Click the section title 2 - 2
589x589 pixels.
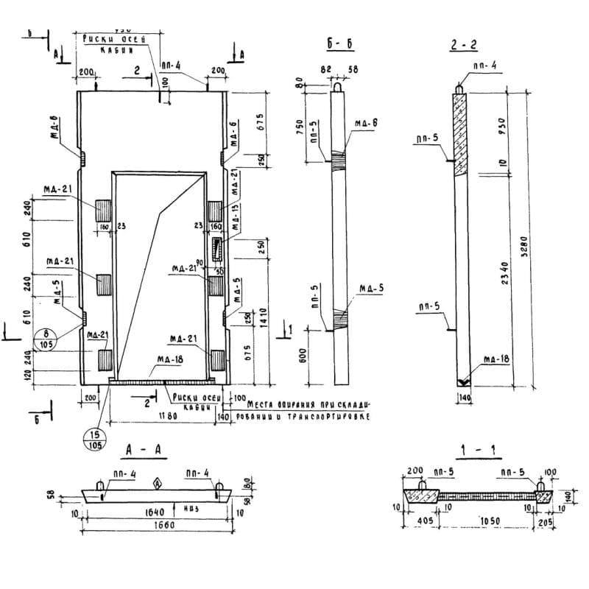464,46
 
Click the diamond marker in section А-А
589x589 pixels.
156,484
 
